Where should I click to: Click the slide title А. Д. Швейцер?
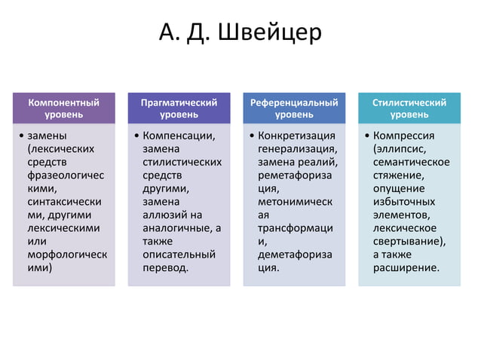tap(240, 34)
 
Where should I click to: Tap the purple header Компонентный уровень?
tap(63, 108)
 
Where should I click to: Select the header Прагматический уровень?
tap(179, 108)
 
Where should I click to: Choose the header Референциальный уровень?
tap(294, 108)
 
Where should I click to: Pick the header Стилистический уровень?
tap(409, 108)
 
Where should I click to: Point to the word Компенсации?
tap(179, 136)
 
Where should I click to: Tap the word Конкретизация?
tap(296, 136)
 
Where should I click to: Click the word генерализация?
tap(296, 149)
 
